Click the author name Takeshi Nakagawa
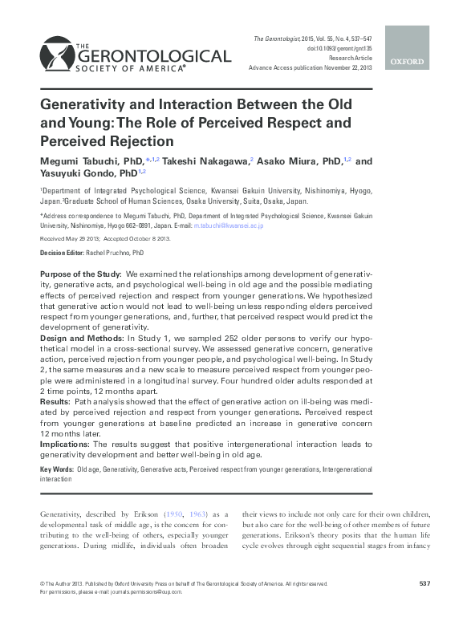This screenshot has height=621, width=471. coord(208,161)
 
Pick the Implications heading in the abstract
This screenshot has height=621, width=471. coord(65,443)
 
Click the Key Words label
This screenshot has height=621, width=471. coord(56,469)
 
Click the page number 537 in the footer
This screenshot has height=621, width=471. coord(425,583)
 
